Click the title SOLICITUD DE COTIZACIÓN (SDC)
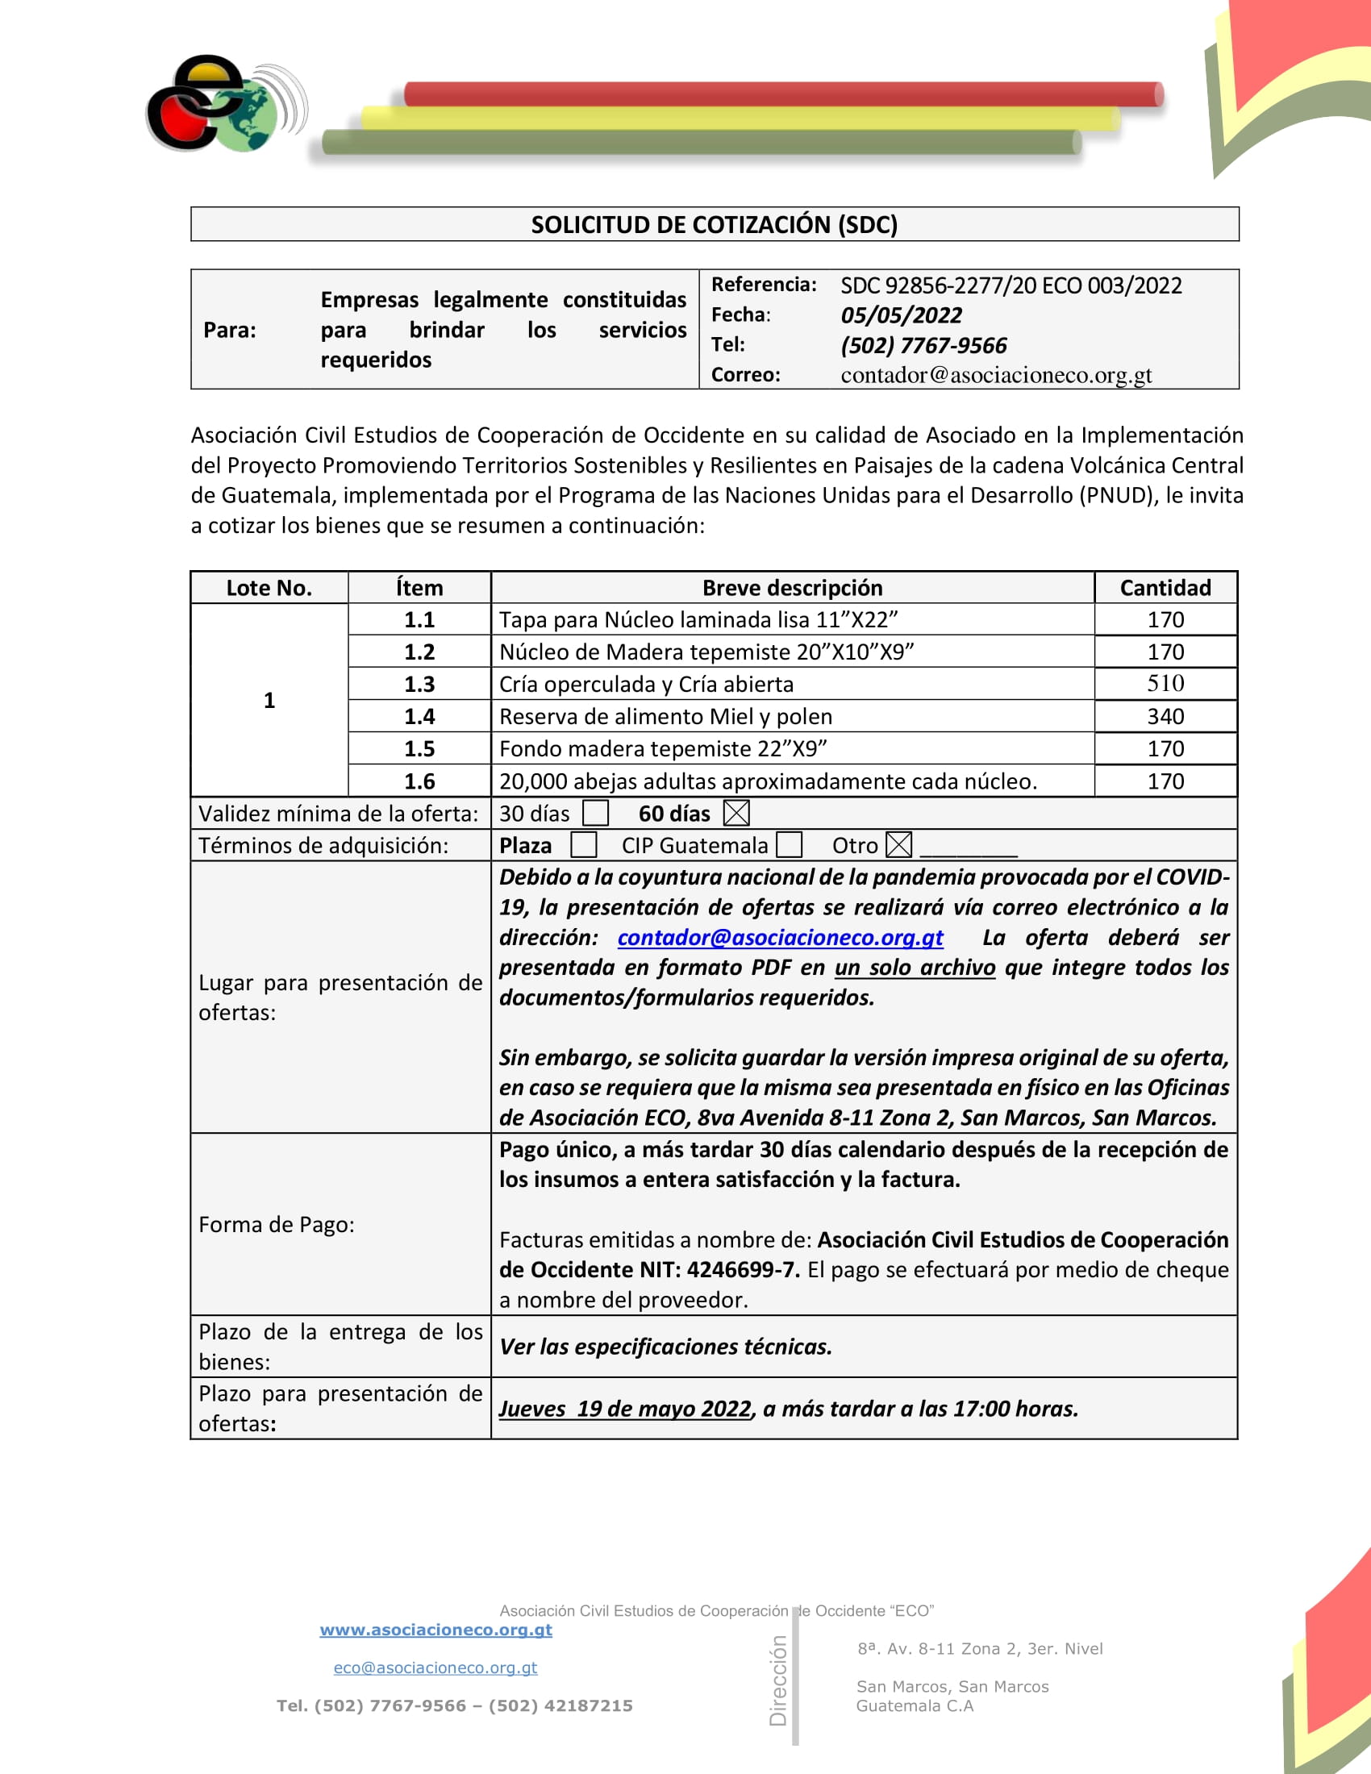[714, 224]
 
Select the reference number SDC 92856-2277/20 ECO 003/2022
[1011, 286]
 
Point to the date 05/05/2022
[901, 315]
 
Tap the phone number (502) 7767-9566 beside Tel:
[923, 346]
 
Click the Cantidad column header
[1165, 588]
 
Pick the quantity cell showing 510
[1165, 684]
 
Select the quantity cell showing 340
[1165, 716]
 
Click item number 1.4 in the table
[419, 716]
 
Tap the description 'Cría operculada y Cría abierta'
[646, 684]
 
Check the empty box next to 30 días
[595, 813]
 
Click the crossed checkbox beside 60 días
[736, 813]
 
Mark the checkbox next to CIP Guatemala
[789, 846]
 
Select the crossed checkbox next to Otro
[898, 846]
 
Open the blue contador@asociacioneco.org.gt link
[780, 938]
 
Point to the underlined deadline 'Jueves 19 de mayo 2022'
[625, 1409]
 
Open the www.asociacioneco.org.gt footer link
[435, 1630]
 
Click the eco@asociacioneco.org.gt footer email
[435, 1668]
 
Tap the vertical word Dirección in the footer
[778, 1680]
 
